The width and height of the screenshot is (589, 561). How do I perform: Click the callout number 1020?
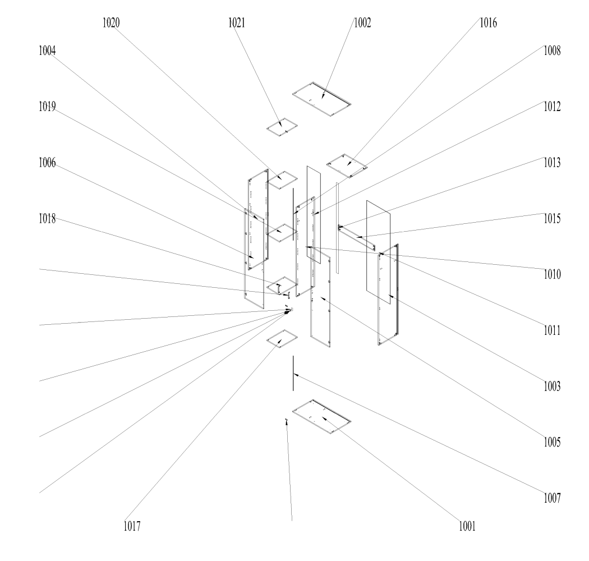pyautogui.click(x=111, y=23)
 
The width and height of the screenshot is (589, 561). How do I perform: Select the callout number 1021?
pyautogui.click(x=237, y=23)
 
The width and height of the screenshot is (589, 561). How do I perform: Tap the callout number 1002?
pyautogui.click(x=362, y=23)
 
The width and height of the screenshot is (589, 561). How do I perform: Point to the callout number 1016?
pyautogui.click(x=489, y=23)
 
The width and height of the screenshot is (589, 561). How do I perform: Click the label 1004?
pyautogui.click(x=47, y=50)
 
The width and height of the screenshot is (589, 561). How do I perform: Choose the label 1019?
pyautogui.click(x=47, y=107)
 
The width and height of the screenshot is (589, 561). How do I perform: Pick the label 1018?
pyautogui.click(x=47, y=218)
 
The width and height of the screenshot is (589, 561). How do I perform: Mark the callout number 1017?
pyautogui.click(x=132, y=526)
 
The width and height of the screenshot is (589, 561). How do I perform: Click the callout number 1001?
pyautogui.click(x=467, y=526)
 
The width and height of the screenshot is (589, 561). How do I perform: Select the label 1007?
pyautogui.click(x=552, y=498)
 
